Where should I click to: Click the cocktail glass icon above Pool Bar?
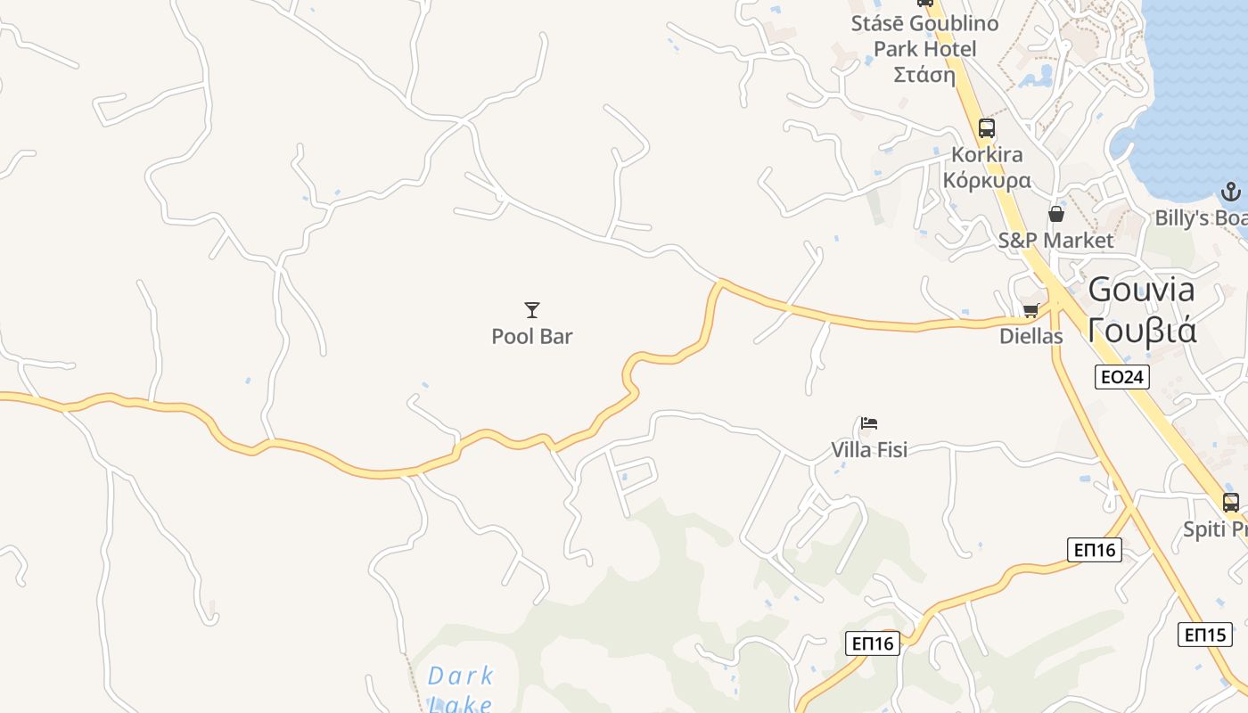(x=532, y=310)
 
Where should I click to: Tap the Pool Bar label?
(x=532, y=337)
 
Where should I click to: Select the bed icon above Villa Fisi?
(x=869, y=422)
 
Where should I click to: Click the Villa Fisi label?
(x=869, y=450)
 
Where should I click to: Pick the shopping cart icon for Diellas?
(x=1031, y=310)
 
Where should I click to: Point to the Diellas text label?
(x=1031, y=337)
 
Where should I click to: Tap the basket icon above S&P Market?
(x=1056, y=214)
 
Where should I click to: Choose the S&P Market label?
(x=1055, y=241)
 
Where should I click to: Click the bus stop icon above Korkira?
(x=986, y=127)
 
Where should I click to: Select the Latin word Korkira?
(x=987, y=155)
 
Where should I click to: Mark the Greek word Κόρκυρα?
(x=987, y=181)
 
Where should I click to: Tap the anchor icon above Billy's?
(x=1230, y=192)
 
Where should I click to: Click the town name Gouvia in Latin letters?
(x=1142, y=290)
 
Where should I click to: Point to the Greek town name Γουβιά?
(x=1142, y=330)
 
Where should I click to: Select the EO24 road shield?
(x=1122, y=377)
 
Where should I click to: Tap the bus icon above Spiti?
(x=1231, y=502)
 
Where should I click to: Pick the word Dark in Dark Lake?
(x=461, y=676)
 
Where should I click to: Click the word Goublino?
(x=955, y=23)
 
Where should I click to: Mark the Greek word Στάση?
(x=924, y=75)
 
